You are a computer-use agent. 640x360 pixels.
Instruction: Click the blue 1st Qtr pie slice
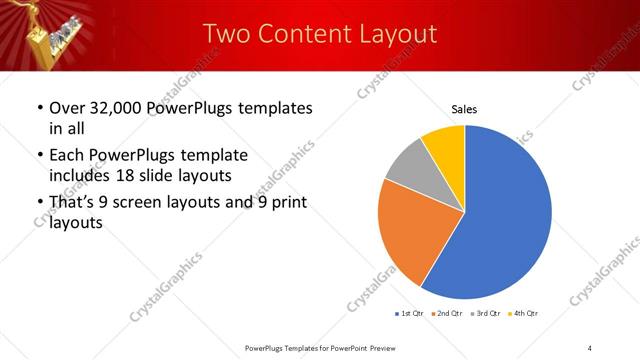click(x=500, y=215)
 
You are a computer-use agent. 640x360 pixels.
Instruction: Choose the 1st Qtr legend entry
click(x=410, y=314)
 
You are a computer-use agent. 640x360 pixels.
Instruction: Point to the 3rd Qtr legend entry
click(x=485, y=314)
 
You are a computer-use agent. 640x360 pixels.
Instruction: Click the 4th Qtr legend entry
click(x=524, y=314)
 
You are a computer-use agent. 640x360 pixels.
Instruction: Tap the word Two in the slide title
click(x=223, y=33)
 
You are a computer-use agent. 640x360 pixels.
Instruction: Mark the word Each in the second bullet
click(x=68, y=156)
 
